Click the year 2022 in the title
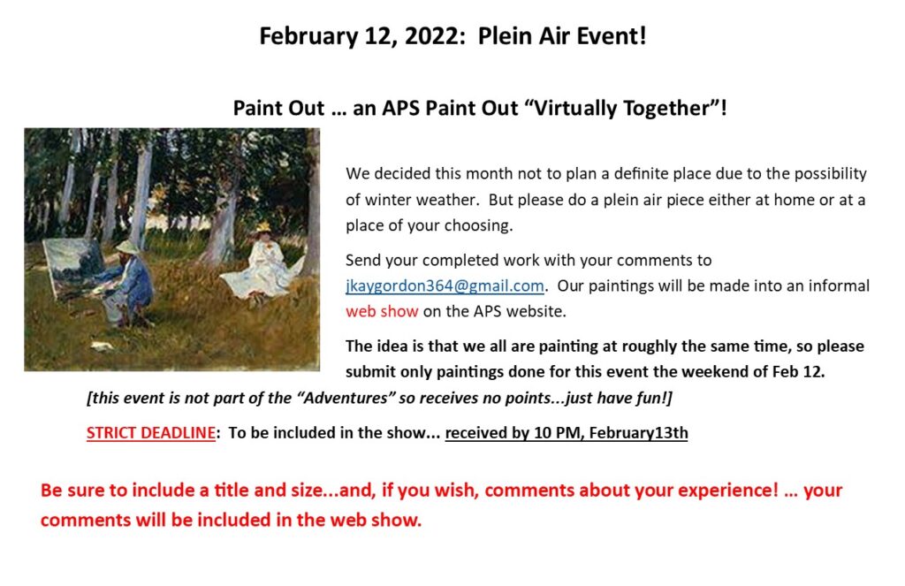click(x=431, y=36)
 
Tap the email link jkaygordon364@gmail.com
click(x=445, y=285)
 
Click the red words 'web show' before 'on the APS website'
click(x=382, y=311)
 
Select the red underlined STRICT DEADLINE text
click(x=150, y=433)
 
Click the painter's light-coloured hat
click(x=126, y=247)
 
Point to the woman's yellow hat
click(x=262, y=228)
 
